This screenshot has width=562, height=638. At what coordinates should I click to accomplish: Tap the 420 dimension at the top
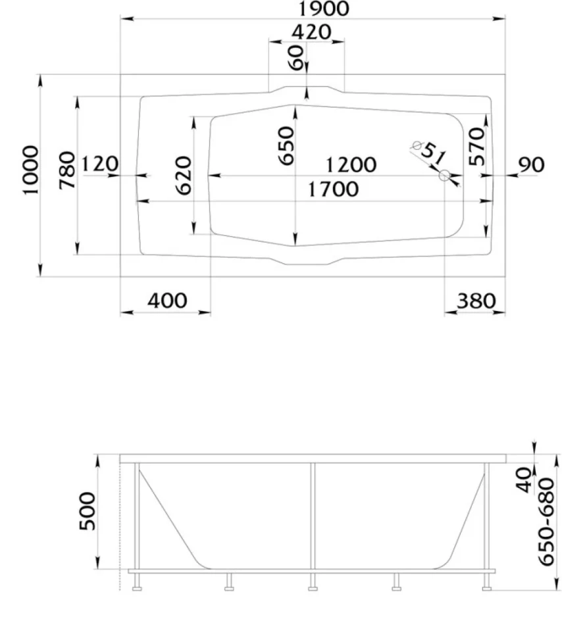click(x=311, y=32)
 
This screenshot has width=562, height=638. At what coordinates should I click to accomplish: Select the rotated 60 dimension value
click(x=297, y=57)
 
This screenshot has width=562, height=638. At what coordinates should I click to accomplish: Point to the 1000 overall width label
click(x=31, y=170)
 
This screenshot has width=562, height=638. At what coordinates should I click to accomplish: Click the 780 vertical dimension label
click(x=67, y=170)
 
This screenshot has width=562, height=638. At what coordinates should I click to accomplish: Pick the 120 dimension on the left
click(x=100, y=164)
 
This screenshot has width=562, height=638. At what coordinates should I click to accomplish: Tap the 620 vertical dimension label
click(x=184, y=176)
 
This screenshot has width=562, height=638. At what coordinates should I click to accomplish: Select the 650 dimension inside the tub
click(x=286, y=145)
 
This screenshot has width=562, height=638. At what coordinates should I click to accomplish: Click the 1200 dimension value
click(x=351, y=165)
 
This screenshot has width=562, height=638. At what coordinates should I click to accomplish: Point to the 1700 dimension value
click(x=333, y=189)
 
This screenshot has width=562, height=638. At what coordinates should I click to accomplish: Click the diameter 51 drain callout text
click(x=430, y=152)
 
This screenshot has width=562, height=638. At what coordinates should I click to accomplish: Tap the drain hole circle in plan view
click(x=445, y=176)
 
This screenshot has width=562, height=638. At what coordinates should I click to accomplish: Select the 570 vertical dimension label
click(x=477, y=146)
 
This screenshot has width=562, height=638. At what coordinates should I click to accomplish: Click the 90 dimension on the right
click(x=531, y=164)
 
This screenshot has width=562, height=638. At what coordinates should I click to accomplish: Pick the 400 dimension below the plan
click(x=167, y=301)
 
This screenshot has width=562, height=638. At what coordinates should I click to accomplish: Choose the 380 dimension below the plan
click(x=476, y=301)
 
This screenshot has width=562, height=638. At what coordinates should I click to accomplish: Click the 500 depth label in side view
click(x=88, y=511)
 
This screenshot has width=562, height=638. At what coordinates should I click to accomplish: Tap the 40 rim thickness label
click(x=524, y=480)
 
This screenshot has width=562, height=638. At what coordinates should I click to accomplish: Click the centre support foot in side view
click(x=313, y=582)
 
